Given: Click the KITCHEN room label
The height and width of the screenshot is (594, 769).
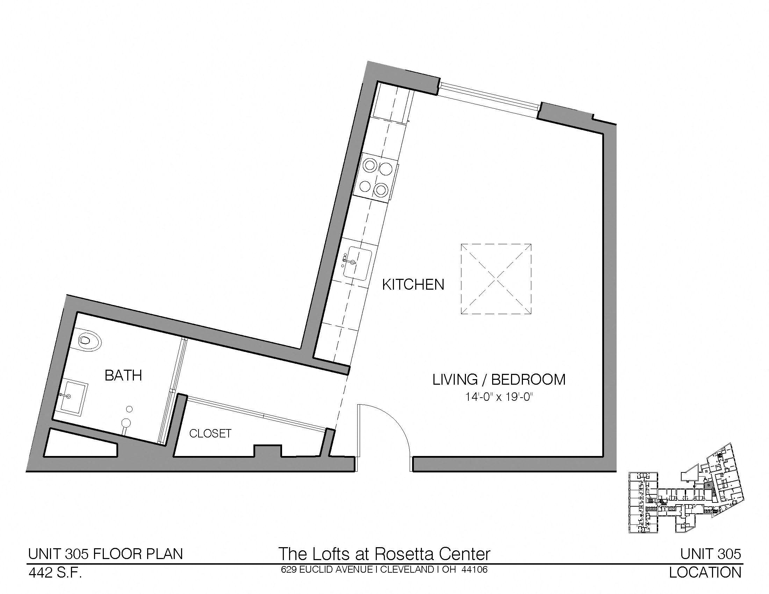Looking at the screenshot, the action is (413, 285).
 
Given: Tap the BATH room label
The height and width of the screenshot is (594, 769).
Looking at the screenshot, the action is (123, 376).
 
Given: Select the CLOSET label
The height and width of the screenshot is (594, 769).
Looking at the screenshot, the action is (210, 434).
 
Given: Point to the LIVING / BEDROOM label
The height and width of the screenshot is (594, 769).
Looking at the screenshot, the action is (499, 380).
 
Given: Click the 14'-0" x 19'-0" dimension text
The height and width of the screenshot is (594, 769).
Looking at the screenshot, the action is (498, 397).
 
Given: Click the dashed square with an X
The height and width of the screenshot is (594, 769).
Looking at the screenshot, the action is (496, 279).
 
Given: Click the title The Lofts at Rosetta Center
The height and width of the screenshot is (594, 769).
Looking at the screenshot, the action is (384, 553).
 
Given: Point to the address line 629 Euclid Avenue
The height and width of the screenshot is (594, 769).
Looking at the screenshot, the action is (384, 570).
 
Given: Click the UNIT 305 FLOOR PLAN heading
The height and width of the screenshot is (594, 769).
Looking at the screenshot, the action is (105, 554).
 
